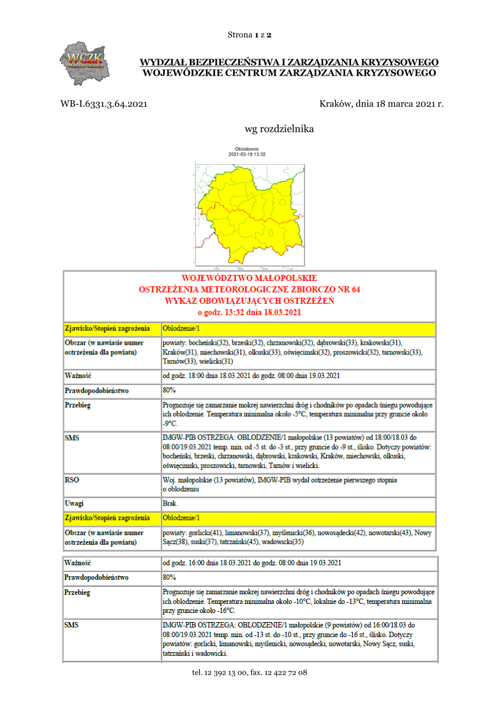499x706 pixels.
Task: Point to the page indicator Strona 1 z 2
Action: point(249,34)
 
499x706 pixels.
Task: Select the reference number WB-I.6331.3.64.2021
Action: point(103,104)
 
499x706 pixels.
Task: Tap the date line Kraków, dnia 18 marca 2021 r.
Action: point(381,104)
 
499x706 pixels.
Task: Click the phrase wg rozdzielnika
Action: point(279,129)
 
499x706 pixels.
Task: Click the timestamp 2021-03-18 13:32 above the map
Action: point(247,155)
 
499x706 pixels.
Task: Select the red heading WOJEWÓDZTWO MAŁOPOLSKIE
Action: point(249,278)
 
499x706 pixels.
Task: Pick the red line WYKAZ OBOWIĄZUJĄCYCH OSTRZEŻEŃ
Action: point(249,301)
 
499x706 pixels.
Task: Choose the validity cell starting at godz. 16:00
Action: point(251,563)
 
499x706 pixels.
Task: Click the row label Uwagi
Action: point(74,502)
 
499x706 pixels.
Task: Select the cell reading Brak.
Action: point(170,502)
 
